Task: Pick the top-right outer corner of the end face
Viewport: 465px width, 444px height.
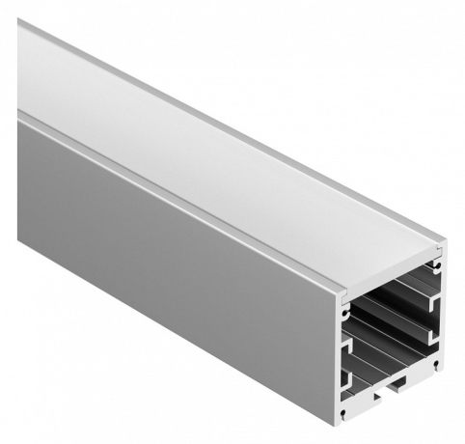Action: coord(445,245)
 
